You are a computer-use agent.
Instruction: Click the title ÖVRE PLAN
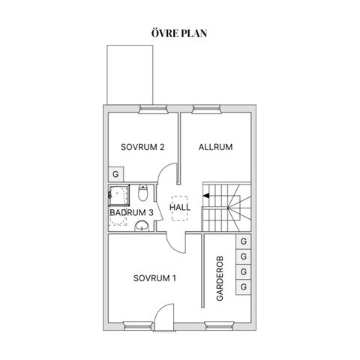pyautogui.click(x=180, y=33)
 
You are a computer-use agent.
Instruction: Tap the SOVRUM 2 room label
pyautogui.click(x=142, y=147)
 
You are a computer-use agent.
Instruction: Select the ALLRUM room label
pyautogui.click(x=215, y=147)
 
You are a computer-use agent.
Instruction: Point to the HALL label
pyautogui.click(x=181, y=206)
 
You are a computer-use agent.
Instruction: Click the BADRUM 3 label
pyautogui.click(x=131, y=213)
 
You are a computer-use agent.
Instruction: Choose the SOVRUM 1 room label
pyautogui.click(x=154, y=279)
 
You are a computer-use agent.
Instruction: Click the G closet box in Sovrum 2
pyautogui.click(x=115, y=173)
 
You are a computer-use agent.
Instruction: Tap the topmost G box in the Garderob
pyautogui.click(x=243, y=241)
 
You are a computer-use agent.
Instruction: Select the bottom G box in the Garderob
pyautogui.click(x=243, y=286)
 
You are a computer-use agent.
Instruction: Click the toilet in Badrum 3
pyautogui.click(x=142, y=194)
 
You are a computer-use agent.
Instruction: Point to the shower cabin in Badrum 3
pyautogui.click(x=118, y=195)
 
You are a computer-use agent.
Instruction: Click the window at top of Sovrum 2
pyautogui.click(x=153, y=109)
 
